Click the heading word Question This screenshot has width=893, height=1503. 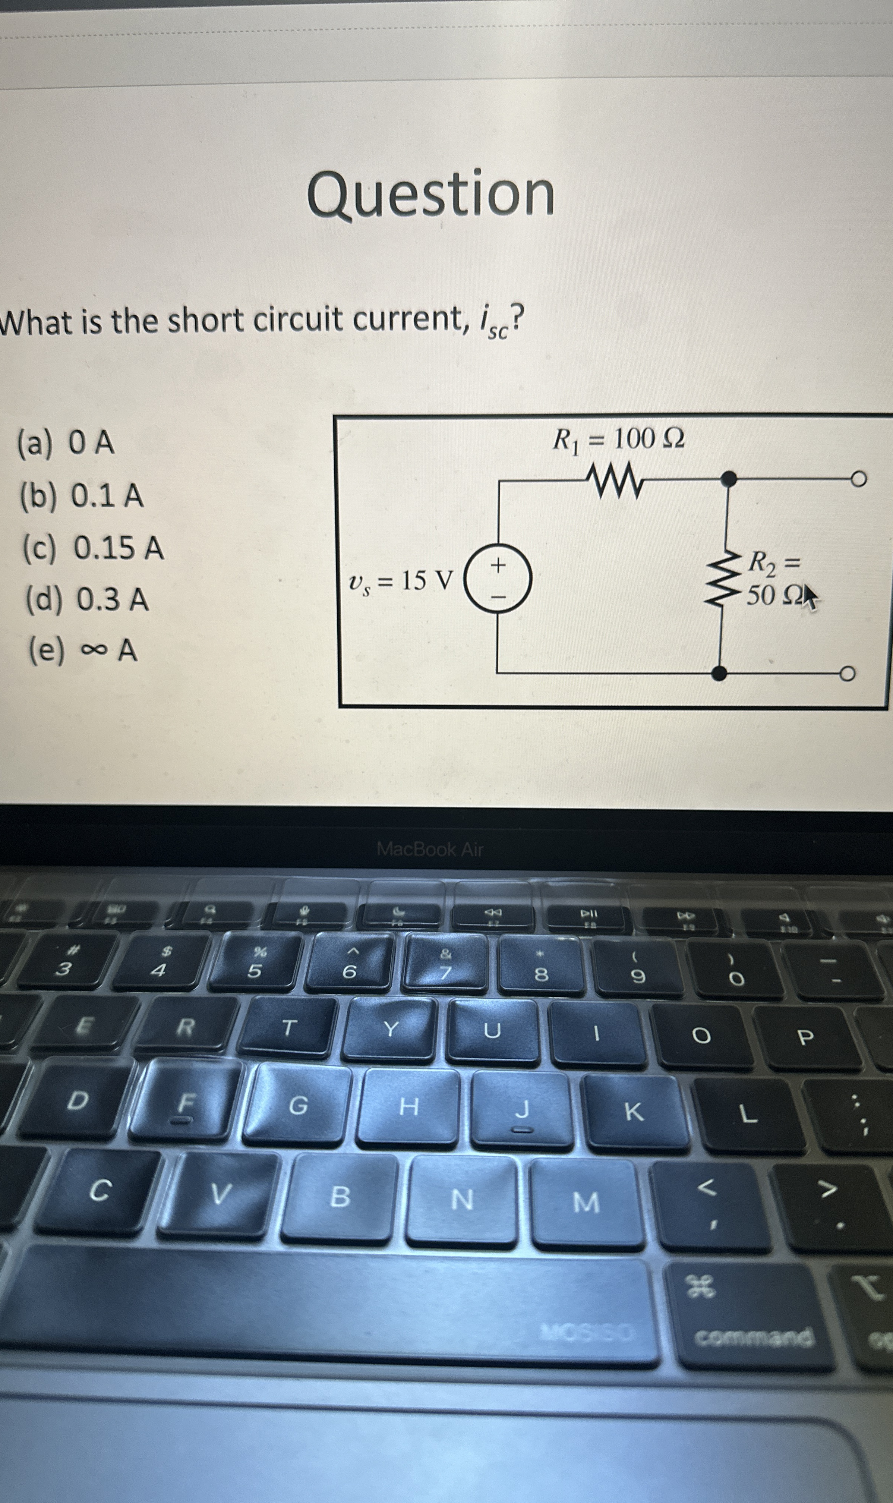pos(431,194)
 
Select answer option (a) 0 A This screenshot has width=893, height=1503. pos(66,444)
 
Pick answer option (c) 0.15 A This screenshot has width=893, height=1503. pos(93,548)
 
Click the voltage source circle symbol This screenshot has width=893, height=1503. pos(499,579)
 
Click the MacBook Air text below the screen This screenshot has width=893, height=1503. pos(430,849)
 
